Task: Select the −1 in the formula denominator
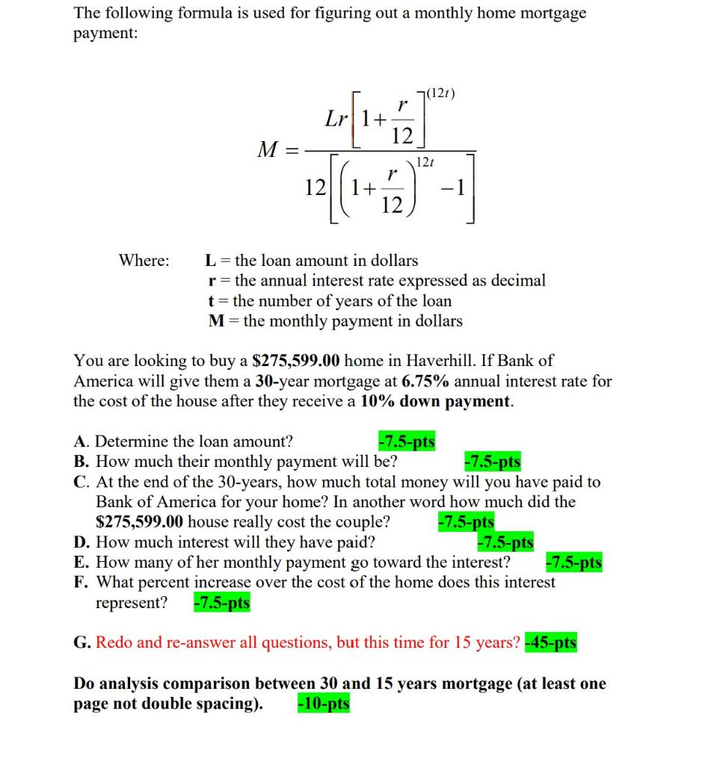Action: (455, 188)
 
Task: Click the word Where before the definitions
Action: (144, 261)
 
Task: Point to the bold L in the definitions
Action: (211, 261)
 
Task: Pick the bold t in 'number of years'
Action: (212, 301)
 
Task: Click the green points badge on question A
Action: (407, 442)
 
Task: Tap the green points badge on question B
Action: (493, 462)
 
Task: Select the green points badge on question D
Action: (505, 542)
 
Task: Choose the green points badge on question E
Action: (573, 563)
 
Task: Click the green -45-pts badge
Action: (551, 642)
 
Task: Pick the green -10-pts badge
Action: (323, 704)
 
